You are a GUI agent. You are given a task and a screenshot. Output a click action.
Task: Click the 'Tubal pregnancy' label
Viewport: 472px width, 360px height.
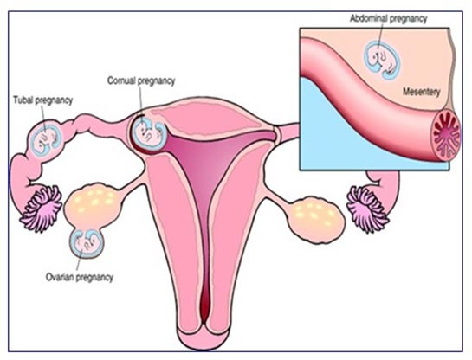tap(43, 100)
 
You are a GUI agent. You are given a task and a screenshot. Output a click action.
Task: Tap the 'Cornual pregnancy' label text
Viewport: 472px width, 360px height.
tap(141, 80)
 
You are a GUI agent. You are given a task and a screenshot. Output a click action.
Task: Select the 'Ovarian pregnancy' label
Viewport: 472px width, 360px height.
tap(80, 277)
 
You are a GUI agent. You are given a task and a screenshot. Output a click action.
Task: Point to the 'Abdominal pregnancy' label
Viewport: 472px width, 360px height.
tap(388, 19)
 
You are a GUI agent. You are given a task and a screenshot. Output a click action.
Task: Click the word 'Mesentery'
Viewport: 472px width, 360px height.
tap(422, 92)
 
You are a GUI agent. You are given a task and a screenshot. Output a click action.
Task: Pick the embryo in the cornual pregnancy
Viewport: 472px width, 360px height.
tap(149, 133)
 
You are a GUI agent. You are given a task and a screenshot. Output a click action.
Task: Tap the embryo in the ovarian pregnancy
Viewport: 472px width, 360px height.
tap(87, 243)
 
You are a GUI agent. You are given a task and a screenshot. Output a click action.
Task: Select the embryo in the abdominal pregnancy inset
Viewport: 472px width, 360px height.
tap(382, 60)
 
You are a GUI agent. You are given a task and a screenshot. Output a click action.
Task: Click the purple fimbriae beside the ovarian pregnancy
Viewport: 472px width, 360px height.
tap(42, 209)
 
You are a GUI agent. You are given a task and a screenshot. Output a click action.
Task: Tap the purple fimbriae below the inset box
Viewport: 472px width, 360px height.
tap(367, 209)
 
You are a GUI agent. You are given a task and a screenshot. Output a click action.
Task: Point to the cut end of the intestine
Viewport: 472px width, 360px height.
tap(447, 135)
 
